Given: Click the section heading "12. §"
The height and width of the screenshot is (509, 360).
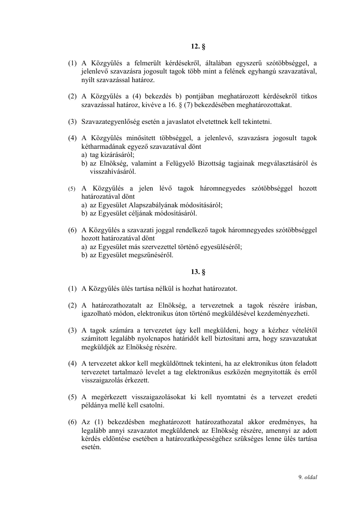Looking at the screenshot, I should click(x=195, y=46).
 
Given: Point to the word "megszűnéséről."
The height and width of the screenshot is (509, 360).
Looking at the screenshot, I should click(x=152, y=255).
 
